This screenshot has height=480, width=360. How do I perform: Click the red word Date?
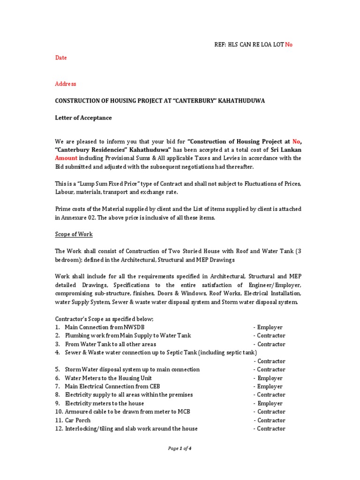tap(61, 58)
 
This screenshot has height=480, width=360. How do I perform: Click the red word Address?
tap(66, 84)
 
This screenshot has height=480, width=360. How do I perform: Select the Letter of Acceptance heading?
tap(83, 118)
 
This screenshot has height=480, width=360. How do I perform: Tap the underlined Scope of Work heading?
tap(74, 234)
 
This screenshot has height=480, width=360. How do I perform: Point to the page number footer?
tap(180, 449)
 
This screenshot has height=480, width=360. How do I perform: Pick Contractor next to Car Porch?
tap(271, 420)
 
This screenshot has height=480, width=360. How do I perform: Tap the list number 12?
tap(59, 428)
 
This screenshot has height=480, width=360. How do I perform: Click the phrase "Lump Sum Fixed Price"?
tap(111, 184)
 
